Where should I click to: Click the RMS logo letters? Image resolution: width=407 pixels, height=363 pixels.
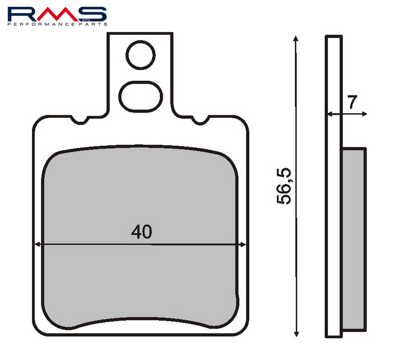(57, 14)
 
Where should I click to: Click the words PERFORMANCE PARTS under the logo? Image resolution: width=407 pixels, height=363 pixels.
(57, 24)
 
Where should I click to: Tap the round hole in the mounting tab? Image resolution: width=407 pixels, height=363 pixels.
(140, 55)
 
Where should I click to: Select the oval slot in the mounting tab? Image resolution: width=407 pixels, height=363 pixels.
(140, 97)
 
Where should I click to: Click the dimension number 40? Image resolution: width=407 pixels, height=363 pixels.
(142, 232)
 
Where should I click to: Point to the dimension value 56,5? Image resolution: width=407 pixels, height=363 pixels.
(284, 186)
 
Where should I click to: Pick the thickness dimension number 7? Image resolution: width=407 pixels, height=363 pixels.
(352, 102)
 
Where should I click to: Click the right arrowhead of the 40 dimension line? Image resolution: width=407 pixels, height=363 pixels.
(243, 245)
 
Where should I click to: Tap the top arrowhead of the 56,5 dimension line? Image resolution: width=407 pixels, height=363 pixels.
(295, 38)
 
